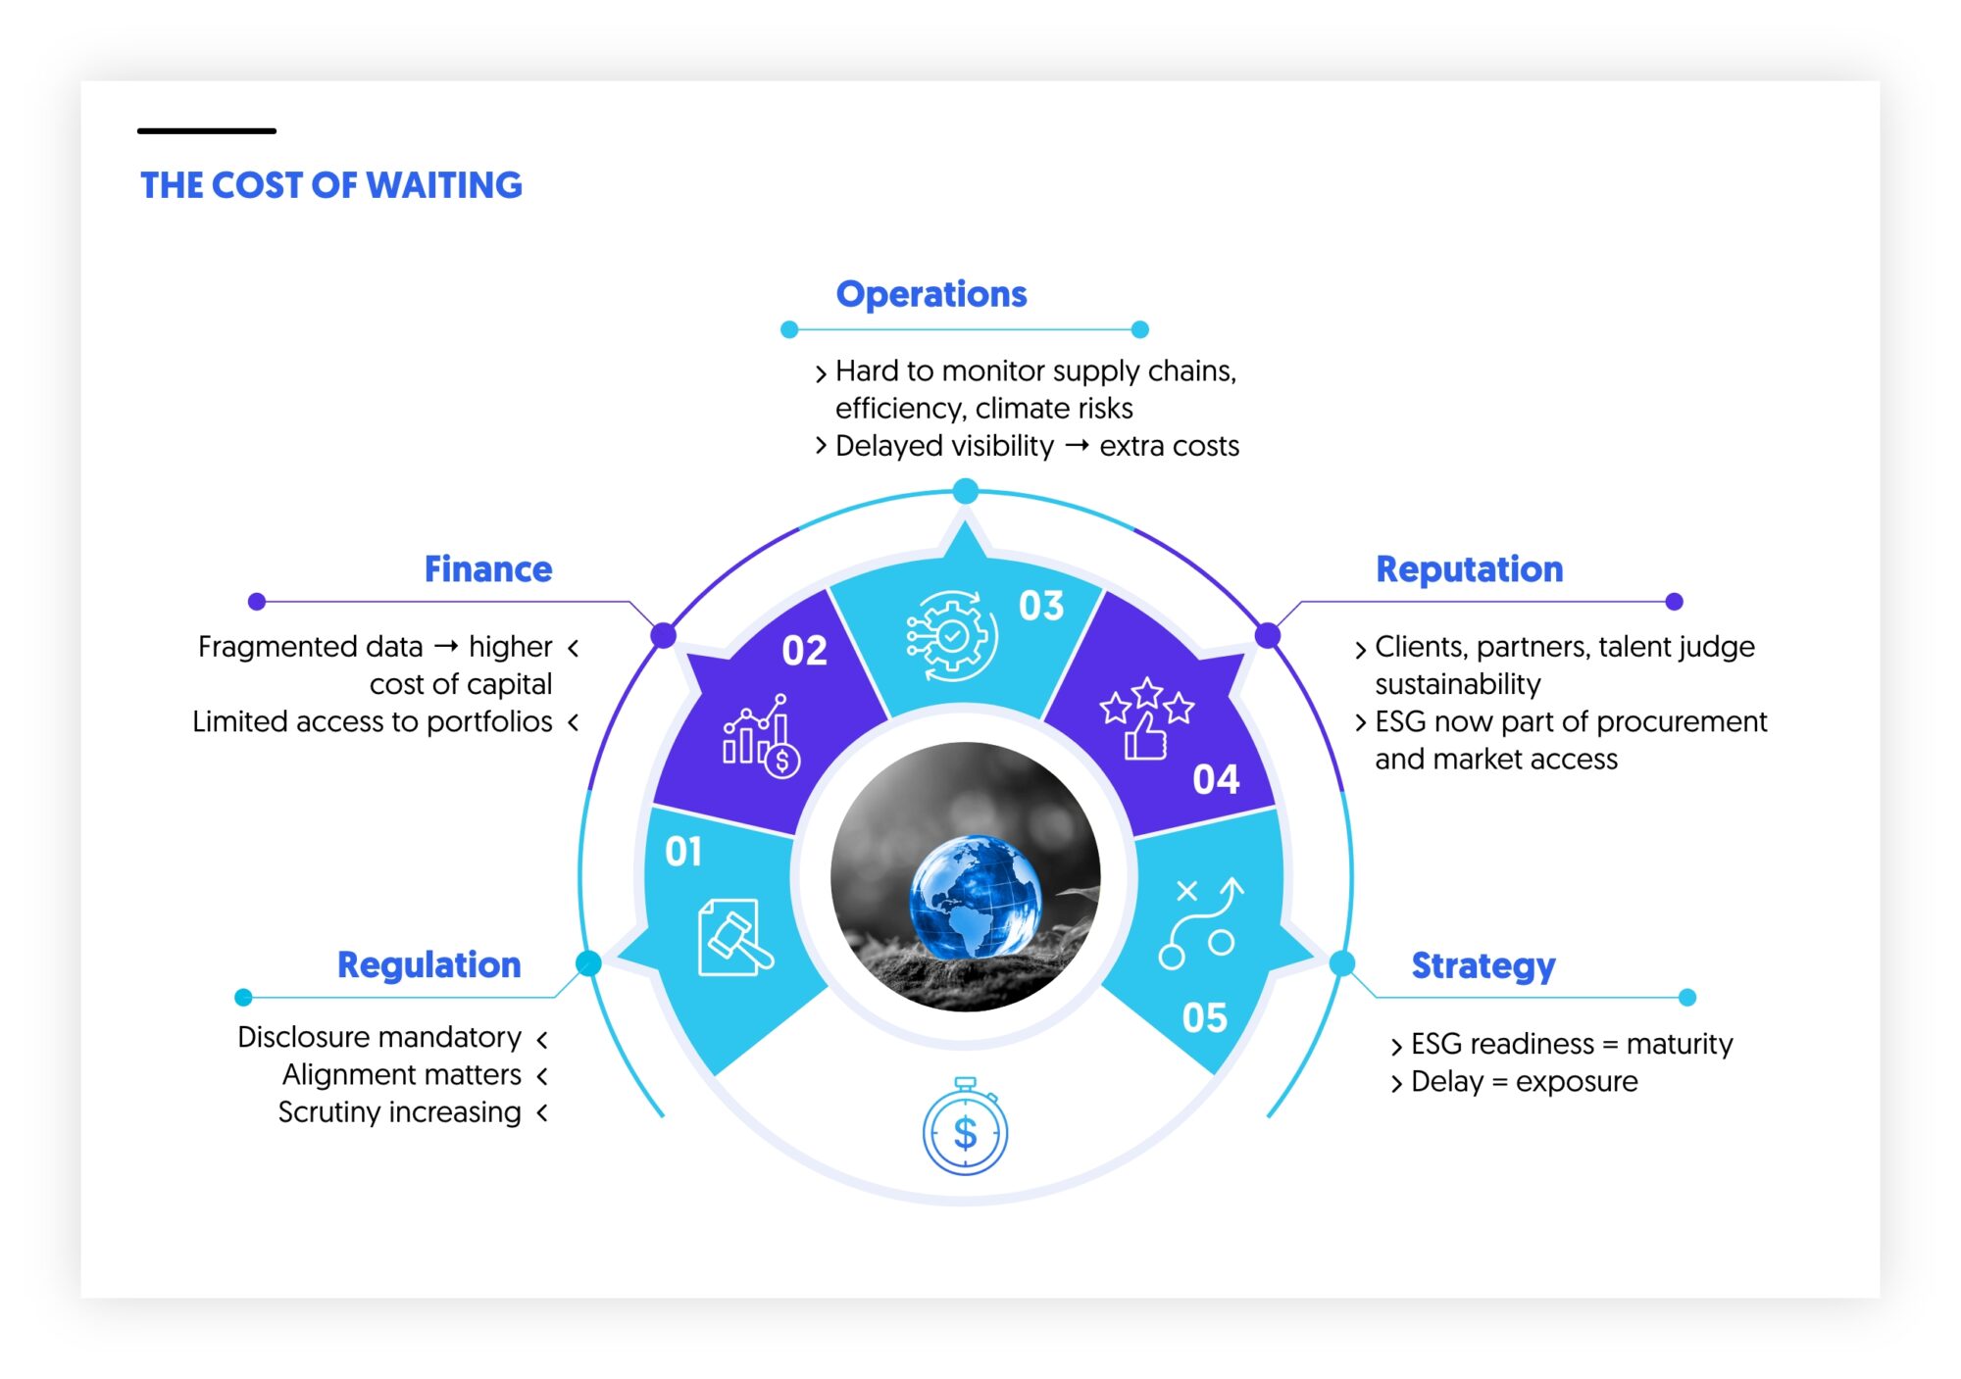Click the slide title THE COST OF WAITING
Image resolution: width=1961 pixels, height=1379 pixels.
click(x=331, y=185)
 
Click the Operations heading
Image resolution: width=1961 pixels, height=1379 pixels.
click(x=931, y=294)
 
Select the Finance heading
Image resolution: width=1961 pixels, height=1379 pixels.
click(x=488, y=569)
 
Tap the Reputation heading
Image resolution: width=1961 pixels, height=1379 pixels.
click(x=1470, y=569)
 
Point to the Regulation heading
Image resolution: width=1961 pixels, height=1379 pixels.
click(x=429, y=965)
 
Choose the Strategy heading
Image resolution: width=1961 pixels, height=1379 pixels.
click(x=1483, y=966)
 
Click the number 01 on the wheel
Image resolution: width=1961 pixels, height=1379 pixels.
click(x=683, y=852)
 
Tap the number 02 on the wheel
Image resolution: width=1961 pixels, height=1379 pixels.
click(x=804, y=651)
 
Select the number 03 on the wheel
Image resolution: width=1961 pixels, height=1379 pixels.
click(x=1041, y=607)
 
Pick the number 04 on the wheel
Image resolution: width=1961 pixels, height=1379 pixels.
click(x=1216, y=780)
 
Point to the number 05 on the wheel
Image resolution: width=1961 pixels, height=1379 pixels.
click(x=1204, y=1018)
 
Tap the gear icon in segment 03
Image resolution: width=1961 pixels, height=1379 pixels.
click(x=951, y=636)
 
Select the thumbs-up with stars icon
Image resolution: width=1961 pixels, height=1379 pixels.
click(x=1146, y=718)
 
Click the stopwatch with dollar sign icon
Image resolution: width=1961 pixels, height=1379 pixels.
click(x=965, y=1126)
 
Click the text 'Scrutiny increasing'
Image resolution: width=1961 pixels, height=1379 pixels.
click(x=399, y=1112)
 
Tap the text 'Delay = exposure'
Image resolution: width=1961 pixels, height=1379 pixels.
click(x=1525, y=1082)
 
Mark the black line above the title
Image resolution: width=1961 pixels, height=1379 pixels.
click(x=207, y=130)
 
